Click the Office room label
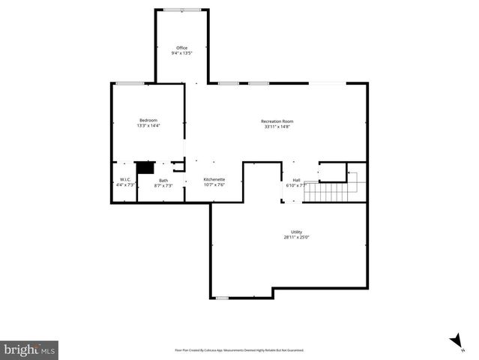[181, 48]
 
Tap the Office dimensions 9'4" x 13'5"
[181, 53]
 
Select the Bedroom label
[148, 121]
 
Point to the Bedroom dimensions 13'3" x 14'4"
[148, 126]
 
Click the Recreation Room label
[277, 121]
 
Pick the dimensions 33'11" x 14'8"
[277, 126]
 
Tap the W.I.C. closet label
[126, 179]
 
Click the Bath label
[163, 179]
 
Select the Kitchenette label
[214, 179]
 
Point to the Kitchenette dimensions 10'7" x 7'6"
[214, 184]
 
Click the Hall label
[296, 179]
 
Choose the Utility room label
[297, 232]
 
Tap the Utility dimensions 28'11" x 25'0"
[297, 237]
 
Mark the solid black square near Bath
[144, 168]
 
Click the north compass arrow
[456, 341]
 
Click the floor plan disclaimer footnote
[239, 349]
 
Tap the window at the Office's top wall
[182, 10]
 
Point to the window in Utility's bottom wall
[221, 298]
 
